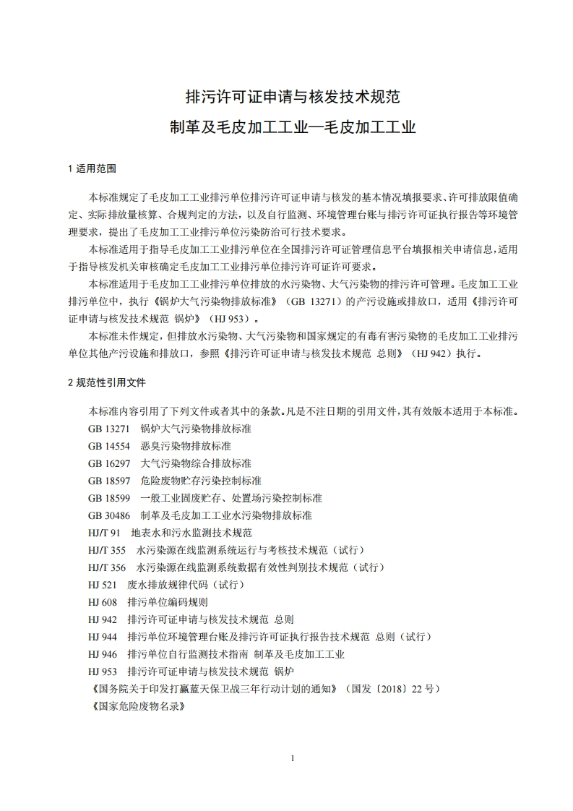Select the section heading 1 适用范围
(x=92, y=168)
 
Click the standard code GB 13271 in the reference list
(x=109, y=429)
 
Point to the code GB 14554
(x=109, y=446)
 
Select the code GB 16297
(x=109, y=463)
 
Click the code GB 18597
(x=109, y=481)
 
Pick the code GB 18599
(x=109, y=498)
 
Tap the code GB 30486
(x=109, y=515)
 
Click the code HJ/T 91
(x=104, y=533)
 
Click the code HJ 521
(x=103, y=585)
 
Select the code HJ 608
(x=103, y=602)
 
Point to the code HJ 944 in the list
(x=103, y=637)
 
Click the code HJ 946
(x=103, y=654)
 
